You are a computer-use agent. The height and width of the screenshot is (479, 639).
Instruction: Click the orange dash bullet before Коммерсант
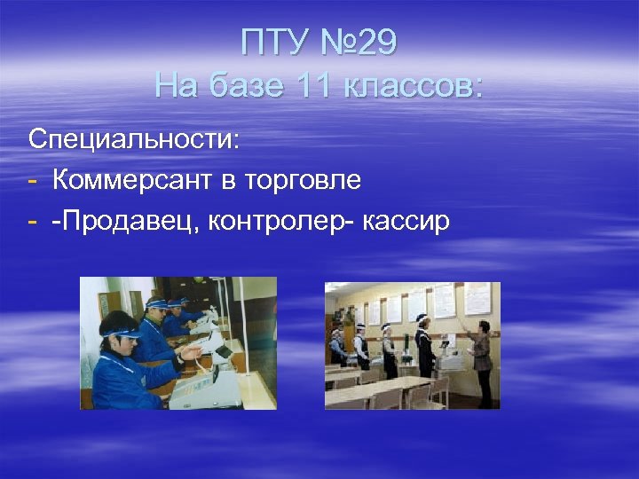pyautogui.click(x=33, y=181)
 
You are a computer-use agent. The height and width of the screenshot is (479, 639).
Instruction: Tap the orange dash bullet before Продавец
pyautogui.click(x=33, y=222)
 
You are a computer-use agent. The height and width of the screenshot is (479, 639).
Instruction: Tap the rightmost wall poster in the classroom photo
pyautogui.click(x=477, y=299)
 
